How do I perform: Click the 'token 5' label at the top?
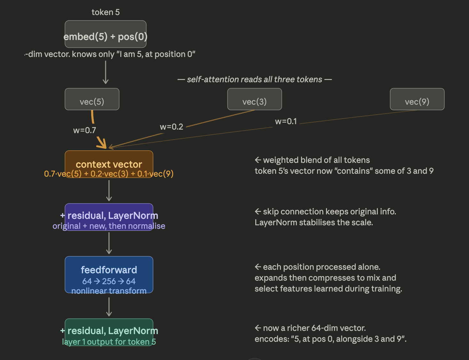point(106,12)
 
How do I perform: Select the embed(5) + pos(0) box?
point(106,34)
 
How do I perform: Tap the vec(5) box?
point(92,99)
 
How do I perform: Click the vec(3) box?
point(255,99)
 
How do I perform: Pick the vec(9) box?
point(417,99)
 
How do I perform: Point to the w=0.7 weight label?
point(84,130)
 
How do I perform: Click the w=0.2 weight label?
point(171,127)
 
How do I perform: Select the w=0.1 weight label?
point(286,121)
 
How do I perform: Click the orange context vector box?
point(109,164)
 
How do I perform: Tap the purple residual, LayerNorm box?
point(109,217)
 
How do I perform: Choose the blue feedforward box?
point(109,275)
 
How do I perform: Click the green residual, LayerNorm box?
point(109,332)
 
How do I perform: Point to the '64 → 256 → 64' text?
point(109,281)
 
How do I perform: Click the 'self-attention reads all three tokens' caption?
point(255,79)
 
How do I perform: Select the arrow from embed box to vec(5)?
point(106,72)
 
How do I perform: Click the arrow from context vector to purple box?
point(109,190)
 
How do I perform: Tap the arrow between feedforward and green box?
point(109,307)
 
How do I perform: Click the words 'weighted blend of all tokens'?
point(316,160)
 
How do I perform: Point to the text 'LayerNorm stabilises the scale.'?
point(314,222)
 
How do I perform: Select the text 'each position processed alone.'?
point(321,267)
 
